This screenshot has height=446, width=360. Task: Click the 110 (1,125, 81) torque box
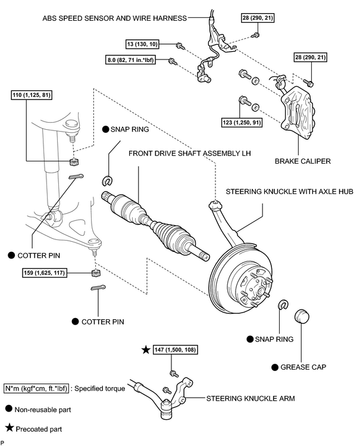pyautogui.click(x=32, y=95)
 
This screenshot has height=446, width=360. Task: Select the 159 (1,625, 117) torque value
pyautogui.click(x=44, y=273)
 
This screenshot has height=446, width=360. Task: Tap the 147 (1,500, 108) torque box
pyautogui.click(x=175, y=350)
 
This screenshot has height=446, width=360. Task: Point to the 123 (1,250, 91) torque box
pyautogui.click(x=242, y=123)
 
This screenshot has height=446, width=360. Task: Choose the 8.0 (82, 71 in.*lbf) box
pyautogui.click(x=131, y=60)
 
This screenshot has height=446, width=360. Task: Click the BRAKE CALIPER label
pyautogui.click(x=303, y=161)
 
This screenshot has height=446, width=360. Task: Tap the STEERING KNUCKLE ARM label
pyautogui.click(x=251, y=398)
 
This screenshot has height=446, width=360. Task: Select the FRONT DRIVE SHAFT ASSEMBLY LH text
pyautogui.click(x=189, y=153)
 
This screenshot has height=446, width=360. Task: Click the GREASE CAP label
pyautogui.click(x=303, y=367)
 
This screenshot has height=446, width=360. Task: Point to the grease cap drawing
pyautogui.click(x=302, y=317)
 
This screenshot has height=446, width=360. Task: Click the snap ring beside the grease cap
pyautogui.click(x=283, y=305)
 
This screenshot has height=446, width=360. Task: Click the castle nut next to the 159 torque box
pyautogui.click(x=96, y=273)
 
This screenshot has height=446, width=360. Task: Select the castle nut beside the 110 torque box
pyautogui.click(x=74, y=162)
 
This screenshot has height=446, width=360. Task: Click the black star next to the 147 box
pyautogui.click(x=146, y=350)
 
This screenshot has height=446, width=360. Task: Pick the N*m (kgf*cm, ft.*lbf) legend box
pyautogui.click(x=36, y=389)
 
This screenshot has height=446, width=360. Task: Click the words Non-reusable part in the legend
pyautogui.click(x=43, y=410)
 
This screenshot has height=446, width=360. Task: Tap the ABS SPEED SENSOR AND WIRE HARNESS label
pyautogui.click(x=114, y=18)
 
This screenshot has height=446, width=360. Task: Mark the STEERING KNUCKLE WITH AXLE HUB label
pyautogui.click(x=290, y=192)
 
